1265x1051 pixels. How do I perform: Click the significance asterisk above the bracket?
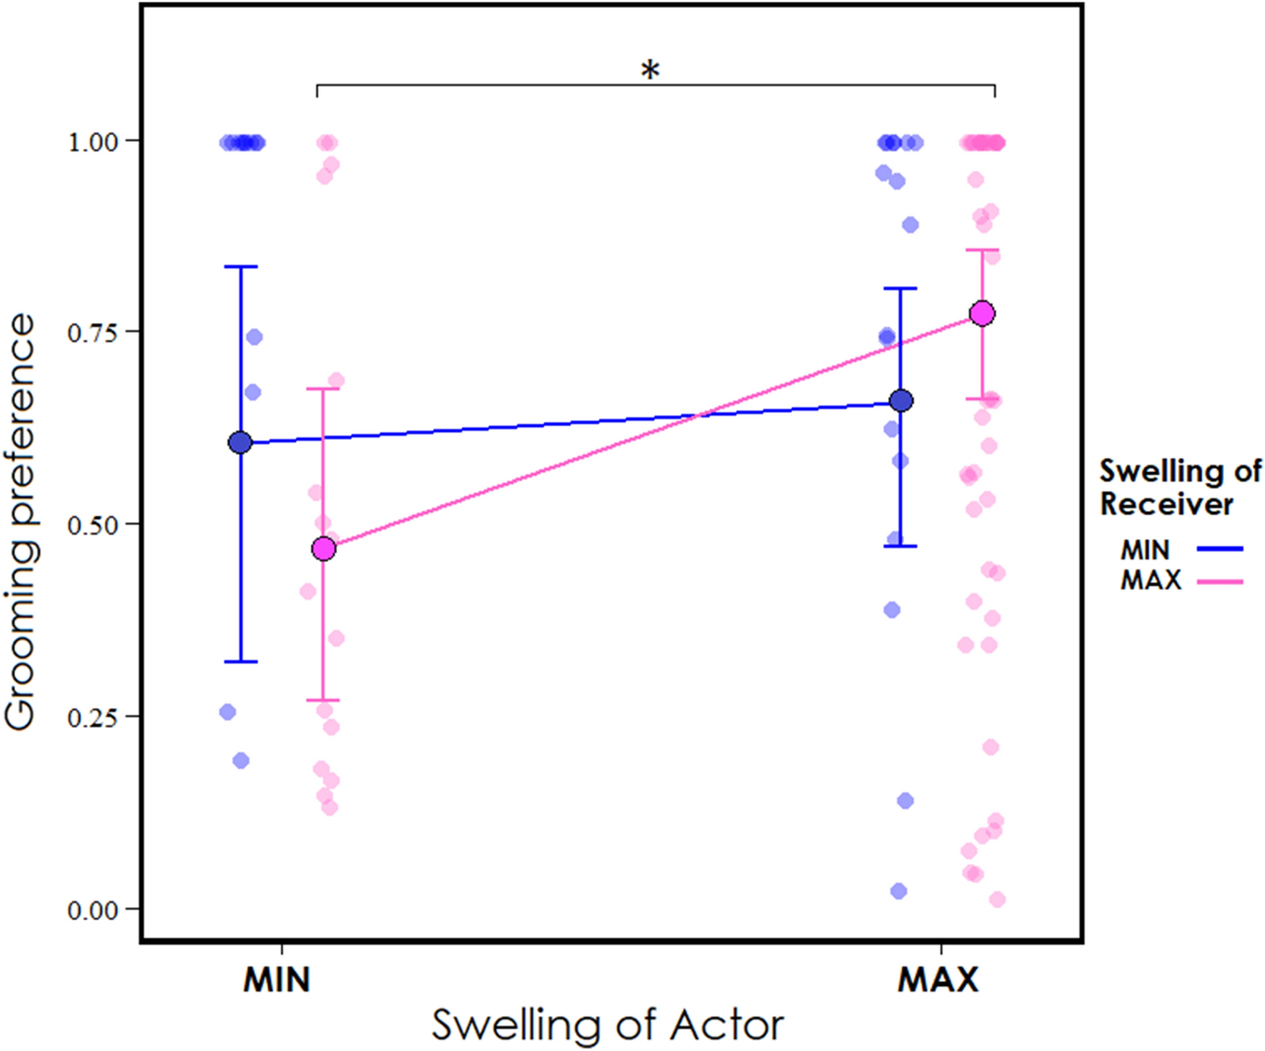[x=650, y=70]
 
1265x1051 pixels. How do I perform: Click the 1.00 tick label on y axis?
[x=92, y=141]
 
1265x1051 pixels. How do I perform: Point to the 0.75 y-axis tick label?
[x=92, y=332]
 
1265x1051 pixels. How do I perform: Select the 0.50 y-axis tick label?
[x=92, y=525]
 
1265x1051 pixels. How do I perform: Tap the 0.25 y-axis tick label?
[x=92, y=717]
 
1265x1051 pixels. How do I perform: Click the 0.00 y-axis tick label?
[x=92, y=910]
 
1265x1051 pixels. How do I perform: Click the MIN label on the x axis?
[x=276, y=980]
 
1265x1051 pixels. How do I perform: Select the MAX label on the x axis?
[x=937, y=980]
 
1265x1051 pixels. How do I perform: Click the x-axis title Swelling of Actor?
[x=607, y=1025]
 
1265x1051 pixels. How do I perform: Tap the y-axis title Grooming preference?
[x=20, y=522]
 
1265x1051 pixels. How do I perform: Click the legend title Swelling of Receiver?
[x=1179, y=486]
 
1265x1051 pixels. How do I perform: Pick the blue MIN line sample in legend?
[x=1220, y=549]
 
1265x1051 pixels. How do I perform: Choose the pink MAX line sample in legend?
[x=1220, y=582]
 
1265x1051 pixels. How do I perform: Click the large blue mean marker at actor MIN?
[x=240, y=442]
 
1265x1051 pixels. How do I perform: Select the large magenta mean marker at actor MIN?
[x=323, y=549]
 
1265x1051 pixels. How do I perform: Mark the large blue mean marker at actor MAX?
[x=901, y=401]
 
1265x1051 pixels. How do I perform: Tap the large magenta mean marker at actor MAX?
[x=983, y=314]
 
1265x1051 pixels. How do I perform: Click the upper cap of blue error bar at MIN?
[x=240, y=267]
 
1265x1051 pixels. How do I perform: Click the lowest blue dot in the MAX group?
[x=898, y=891]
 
